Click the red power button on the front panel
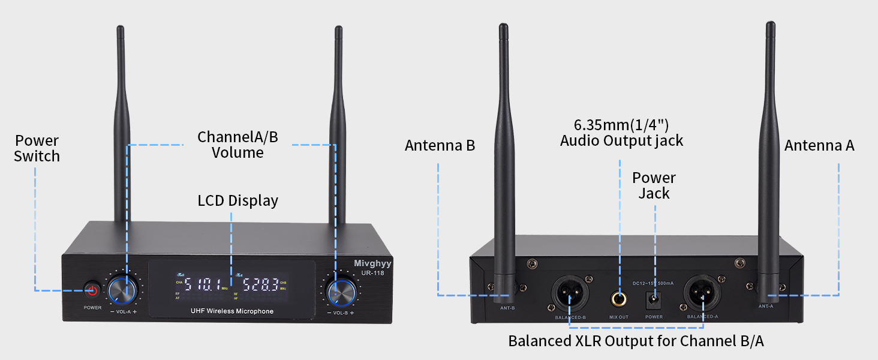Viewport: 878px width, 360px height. click(x=92, y=290)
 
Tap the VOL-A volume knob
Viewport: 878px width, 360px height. click(x=123, y=291)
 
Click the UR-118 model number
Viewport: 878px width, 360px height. click(x=372, y=274)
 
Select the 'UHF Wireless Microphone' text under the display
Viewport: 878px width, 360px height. click(x=231, y=311)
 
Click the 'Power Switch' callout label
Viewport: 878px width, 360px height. click(x=37, y=148)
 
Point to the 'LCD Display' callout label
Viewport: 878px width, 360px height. click(x=238, y=200)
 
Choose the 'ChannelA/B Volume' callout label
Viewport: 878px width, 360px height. click(x=238, y=145)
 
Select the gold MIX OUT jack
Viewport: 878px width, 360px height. click(x=619, y=297)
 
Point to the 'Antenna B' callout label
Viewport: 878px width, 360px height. click(x=440, y=145)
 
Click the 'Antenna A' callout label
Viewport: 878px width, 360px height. click(x=819, y=145)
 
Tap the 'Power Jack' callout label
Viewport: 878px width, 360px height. click(x=654, y=185)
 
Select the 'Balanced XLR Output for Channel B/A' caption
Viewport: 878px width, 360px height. click(x=636, y=341)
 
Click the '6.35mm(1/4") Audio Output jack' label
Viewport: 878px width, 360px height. click(x=621, y=133)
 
